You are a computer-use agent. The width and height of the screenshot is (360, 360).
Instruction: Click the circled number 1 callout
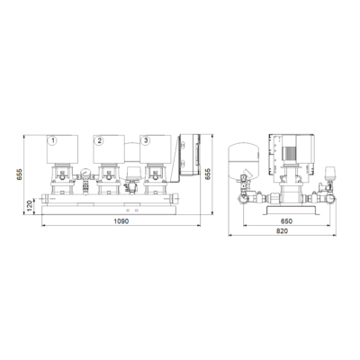click(x=53, y=140)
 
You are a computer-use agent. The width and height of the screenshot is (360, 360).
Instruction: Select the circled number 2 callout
click(x=99, y=140)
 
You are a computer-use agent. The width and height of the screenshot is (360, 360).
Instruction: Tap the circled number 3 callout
click(x=146, y=140)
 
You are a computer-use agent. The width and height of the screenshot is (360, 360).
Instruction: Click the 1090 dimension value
click(x=121, y=221)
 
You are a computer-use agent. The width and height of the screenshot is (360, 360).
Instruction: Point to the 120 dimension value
click(x=30, y=206)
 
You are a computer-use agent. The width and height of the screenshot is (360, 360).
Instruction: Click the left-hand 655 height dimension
click(x=20, y=175)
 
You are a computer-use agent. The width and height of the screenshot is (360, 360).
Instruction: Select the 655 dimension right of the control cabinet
click(x=208, y=175)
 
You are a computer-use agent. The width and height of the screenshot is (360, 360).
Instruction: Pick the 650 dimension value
click(x=286, y=221)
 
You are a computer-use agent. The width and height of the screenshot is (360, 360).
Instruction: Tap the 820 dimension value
click(x=282, y=231)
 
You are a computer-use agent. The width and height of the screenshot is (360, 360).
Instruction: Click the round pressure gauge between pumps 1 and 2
click(x=85, y=173)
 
